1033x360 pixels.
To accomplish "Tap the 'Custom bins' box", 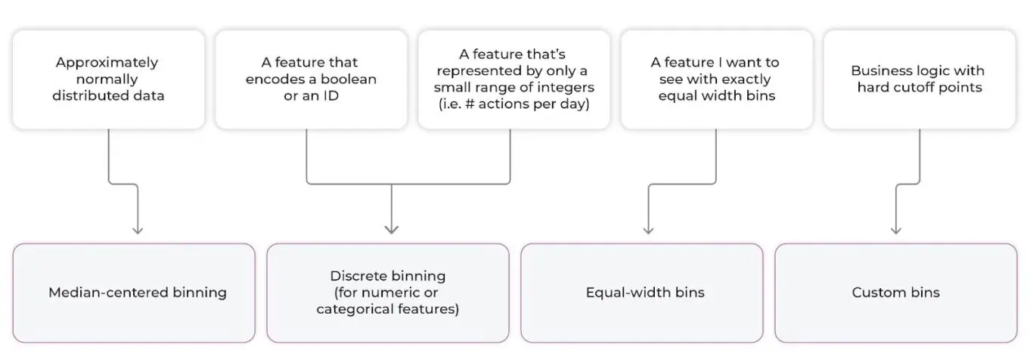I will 895,293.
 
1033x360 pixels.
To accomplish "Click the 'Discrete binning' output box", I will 387,293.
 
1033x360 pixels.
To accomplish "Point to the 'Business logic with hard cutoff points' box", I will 917,79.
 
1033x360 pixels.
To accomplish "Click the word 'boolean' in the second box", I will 349,79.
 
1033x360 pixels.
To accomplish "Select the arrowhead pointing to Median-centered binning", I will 137,230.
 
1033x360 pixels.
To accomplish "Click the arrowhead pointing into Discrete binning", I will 391,230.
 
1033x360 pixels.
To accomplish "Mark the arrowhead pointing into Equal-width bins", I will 648,230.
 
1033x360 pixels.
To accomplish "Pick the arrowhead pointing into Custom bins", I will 895,230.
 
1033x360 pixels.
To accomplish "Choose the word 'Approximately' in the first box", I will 107,63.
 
